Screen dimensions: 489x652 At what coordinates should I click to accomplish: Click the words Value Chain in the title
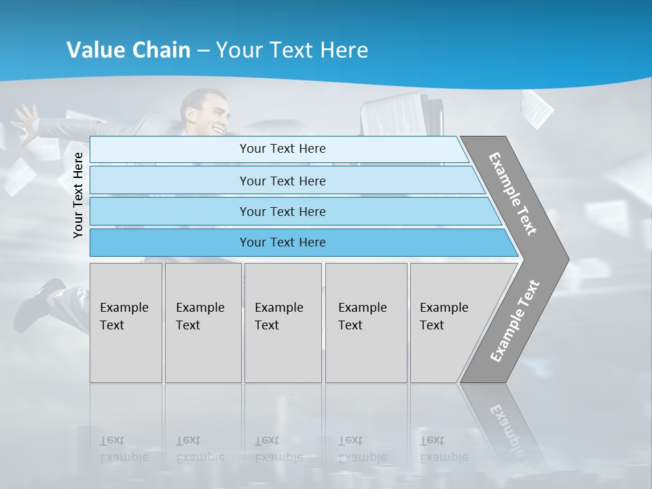click(128, 50)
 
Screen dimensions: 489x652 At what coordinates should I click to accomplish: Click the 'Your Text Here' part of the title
click(292, 50)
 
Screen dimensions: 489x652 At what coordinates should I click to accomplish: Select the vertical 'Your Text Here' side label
click(78, 195)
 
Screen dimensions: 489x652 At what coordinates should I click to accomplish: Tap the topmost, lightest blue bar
click(283, 149)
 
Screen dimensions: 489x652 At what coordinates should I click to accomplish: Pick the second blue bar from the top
click(283, 181)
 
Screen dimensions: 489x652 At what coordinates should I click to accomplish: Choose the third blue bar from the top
click(283, 211)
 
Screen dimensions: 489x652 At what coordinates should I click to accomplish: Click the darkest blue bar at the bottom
click(283, 242)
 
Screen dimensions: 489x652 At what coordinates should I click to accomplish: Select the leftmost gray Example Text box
click(126, 323)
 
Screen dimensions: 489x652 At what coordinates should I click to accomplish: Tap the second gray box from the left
click(203, 323)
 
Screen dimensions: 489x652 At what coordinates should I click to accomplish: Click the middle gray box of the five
click(283, 323)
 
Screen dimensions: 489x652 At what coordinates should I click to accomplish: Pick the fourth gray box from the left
click(366, 323)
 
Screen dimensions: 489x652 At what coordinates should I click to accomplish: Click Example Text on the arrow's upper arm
click(513, 194)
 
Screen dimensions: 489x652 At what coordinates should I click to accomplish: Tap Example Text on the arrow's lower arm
click(515, 321)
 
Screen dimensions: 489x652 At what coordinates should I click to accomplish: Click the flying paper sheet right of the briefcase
click(537, 109)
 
